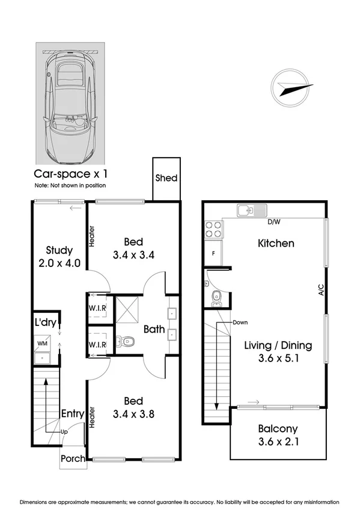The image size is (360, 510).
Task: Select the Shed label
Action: [166, 178]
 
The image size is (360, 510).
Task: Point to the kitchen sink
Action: [252, 210]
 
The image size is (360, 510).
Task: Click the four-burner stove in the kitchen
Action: [214, 229]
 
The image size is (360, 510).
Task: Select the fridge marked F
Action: [213, 253]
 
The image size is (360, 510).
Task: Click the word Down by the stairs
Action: [240, 322]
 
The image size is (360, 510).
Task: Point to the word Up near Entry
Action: [65, 432]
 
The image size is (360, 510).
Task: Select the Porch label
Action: [73, 459]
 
